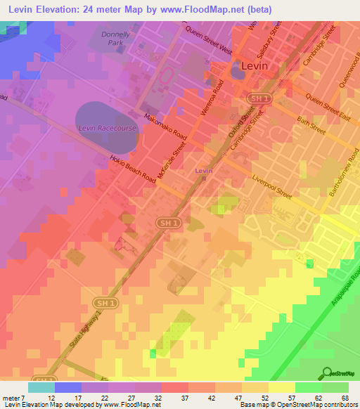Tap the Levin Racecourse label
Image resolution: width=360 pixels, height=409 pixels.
point(105,128)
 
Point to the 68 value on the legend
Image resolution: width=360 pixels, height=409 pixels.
point(345,398)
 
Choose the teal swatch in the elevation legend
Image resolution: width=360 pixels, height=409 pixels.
point(41,387)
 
